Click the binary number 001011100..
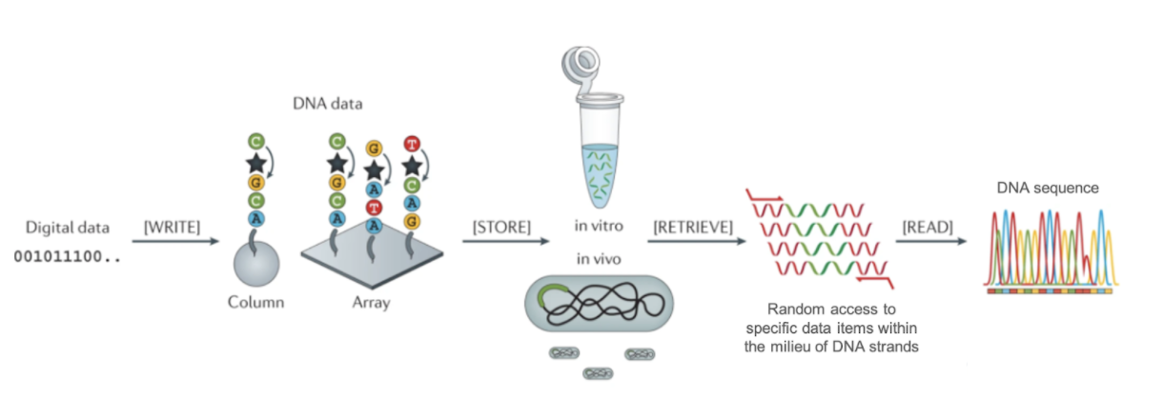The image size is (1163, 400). (66, 257)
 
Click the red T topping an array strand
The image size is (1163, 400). (412, 145)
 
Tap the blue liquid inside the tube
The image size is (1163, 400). (600, 167)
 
